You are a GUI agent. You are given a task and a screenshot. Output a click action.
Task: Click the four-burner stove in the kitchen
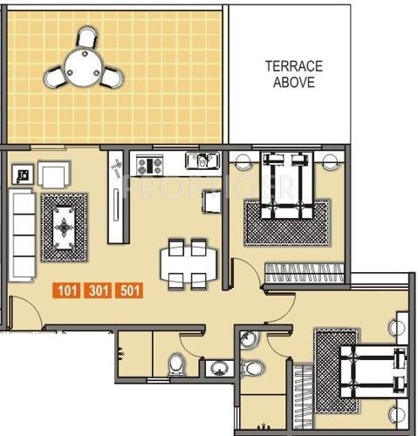tap(146, 163)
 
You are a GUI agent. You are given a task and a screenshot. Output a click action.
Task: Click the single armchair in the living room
tap(53, 175)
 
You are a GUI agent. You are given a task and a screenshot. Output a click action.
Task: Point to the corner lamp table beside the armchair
tap(22, 174)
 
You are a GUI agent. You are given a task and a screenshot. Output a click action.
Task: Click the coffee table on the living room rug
tap(65, 228)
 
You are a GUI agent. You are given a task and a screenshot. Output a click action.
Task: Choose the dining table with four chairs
tap(187, 262)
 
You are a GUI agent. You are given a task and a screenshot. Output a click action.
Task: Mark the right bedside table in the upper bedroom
tap(330, 161)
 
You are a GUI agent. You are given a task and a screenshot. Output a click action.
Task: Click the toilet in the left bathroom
tap(176, 363)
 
